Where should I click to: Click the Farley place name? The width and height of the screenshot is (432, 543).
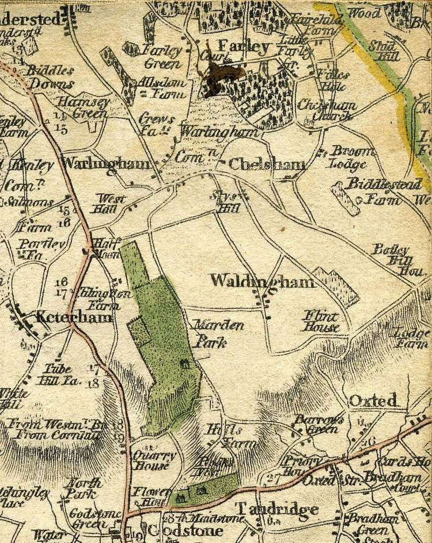[243, 47]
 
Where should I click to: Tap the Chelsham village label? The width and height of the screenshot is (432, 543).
[267, 165]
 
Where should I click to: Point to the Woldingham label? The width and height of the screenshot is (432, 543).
[263, 281]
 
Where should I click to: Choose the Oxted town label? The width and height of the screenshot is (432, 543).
[373, 400]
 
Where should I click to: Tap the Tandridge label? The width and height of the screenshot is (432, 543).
[277, 510]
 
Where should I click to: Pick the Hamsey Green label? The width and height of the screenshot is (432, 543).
[81, 107]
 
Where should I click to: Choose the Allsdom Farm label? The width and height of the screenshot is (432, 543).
[161, 88]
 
